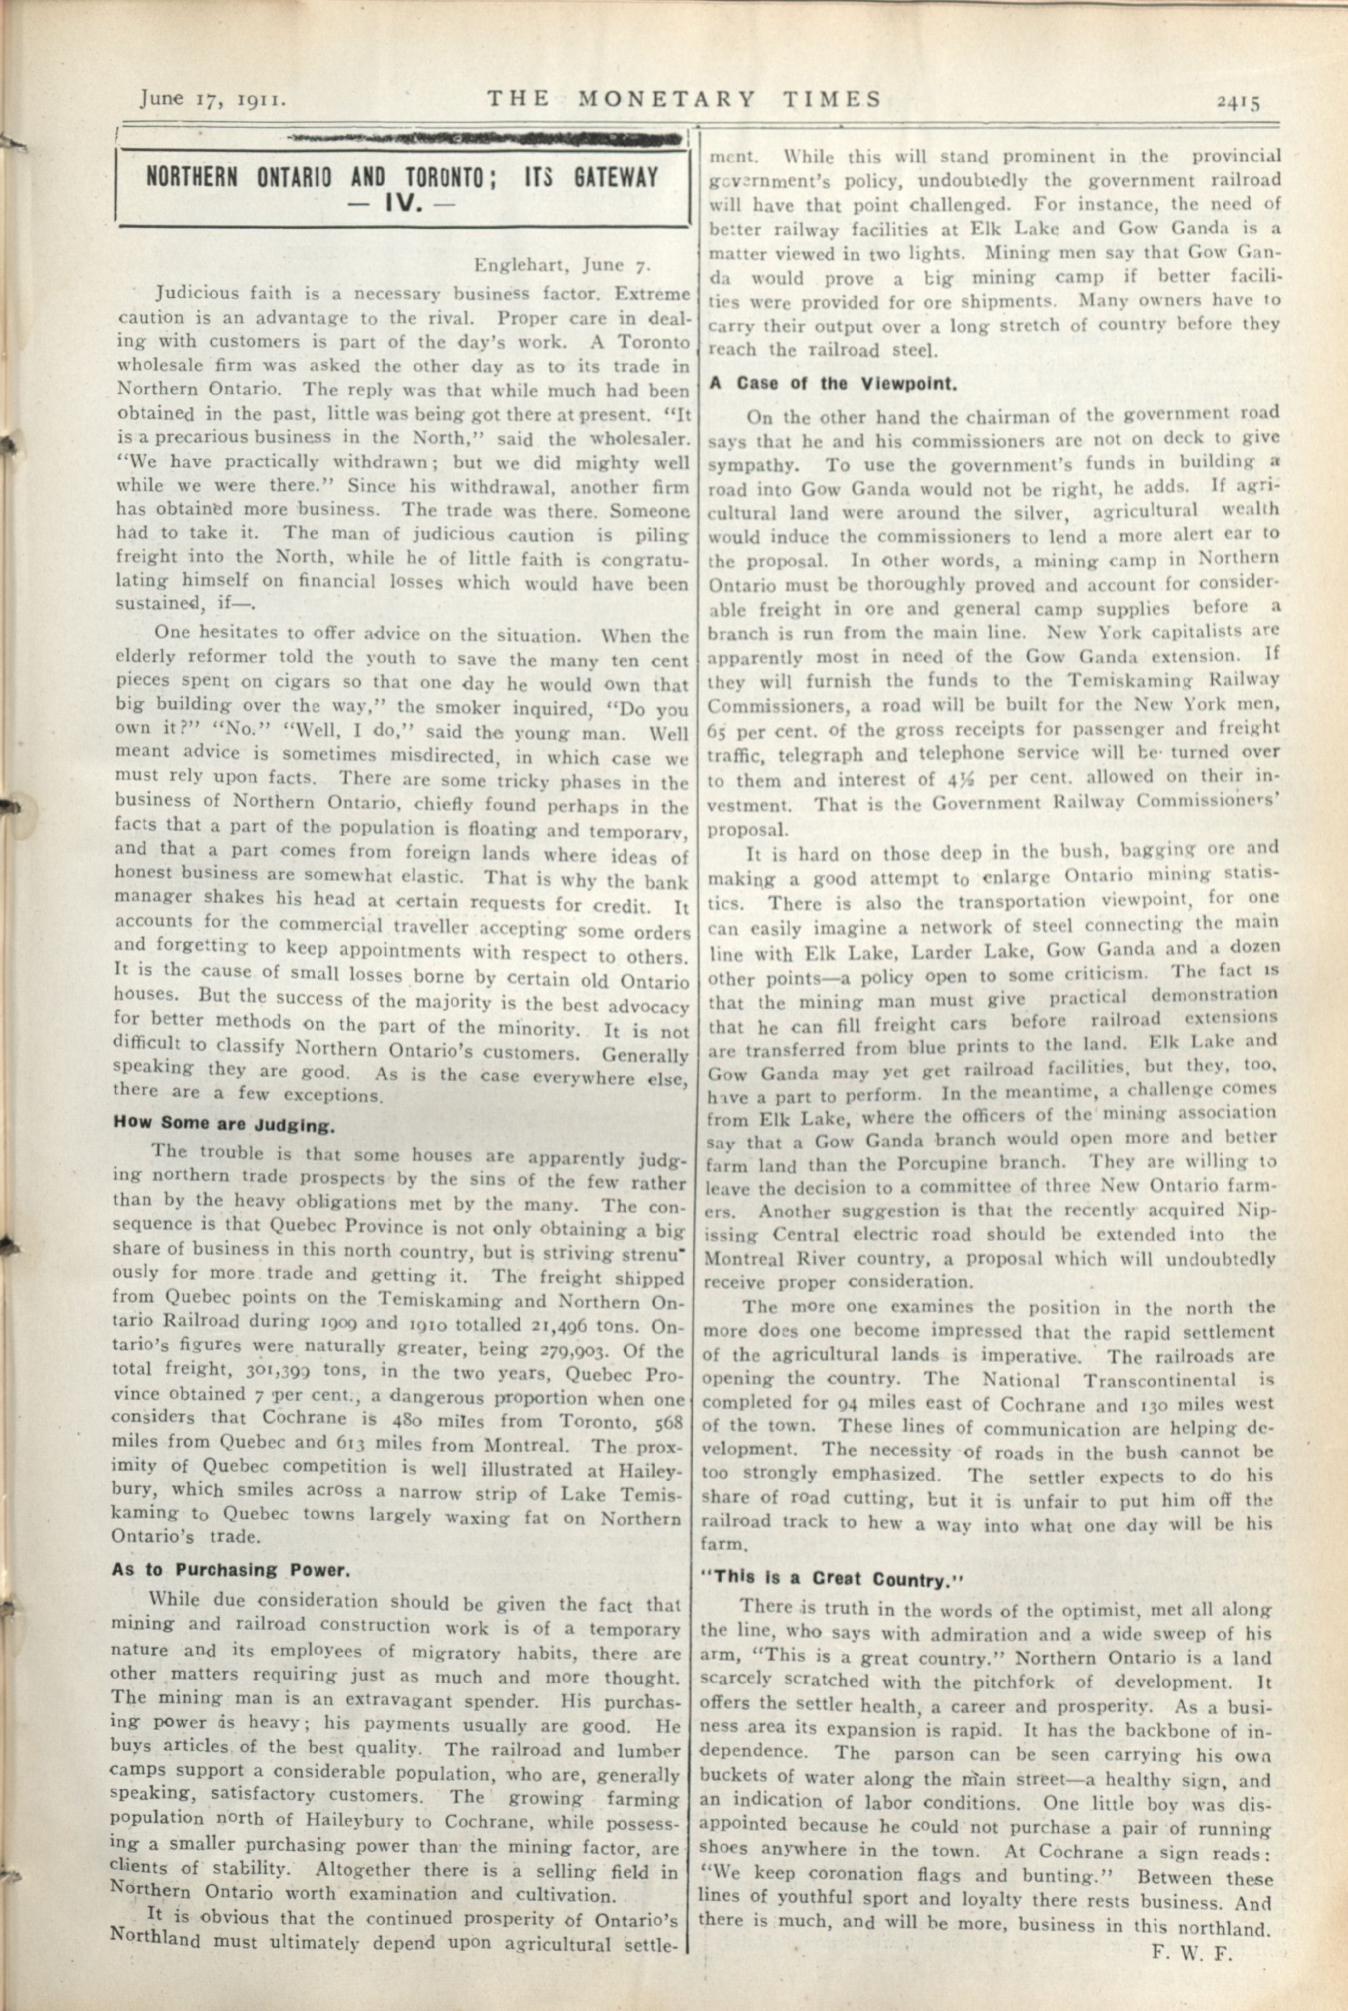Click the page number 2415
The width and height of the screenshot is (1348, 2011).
[1237, 102]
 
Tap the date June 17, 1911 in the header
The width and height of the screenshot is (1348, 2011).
[212, 100]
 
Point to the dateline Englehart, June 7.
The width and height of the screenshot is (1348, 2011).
[563, 264]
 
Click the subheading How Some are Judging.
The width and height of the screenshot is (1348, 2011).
[224, 1124]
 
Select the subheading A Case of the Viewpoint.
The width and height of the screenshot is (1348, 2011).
[833, 384]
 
